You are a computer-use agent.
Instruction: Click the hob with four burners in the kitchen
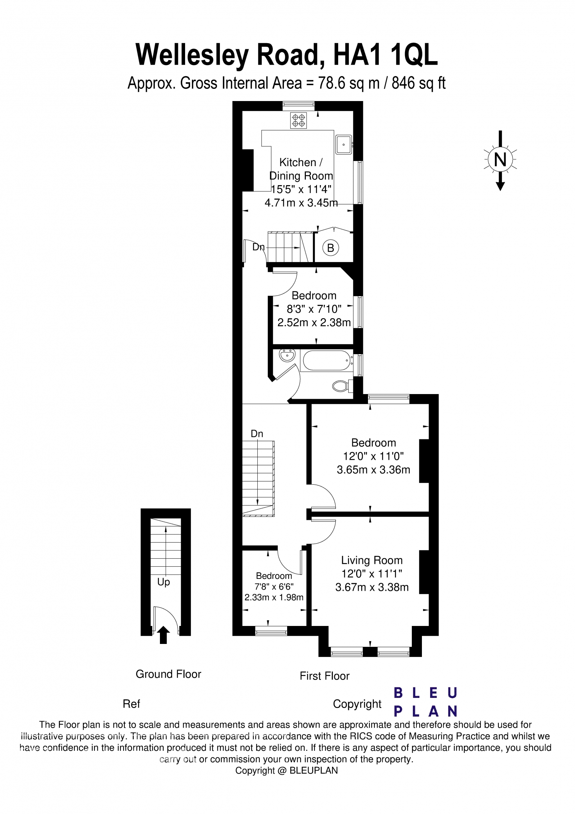pyautogui.click(x=299, y=120)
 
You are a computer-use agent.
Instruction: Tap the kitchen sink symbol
pyautogui.click(x=344, y=145)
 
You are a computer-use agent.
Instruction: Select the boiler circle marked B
pyautogui.click(x=331, y=248)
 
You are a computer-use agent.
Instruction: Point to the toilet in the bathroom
pyautogui.click(x=340, y=387)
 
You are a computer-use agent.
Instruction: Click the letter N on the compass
pyautogui.click(x=500, y=159)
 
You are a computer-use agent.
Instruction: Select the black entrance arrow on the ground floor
pyautogui.click(x=164, y=635)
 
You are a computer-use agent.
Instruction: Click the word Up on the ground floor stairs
pyautogui.click(x=164, y=582)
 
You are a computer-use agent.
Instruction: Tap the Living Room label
pyautogui.click(x=372, y=560)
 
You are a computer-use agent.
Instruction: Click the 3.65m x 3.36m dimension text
pyautogui.click(x=373, y=470)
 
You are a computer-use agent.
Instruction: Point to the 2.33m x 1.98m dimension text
pyautogui.click(x=274, y=598)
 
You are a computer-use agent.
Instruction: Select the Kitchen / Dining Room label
pyautogui.click(x=301, y=169)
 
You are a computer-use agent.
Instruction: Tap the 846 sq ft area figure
pyautogui.click(x=418, y=83)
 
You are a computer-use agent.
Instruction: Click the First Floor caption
pyautogui.click(x=325, y=676)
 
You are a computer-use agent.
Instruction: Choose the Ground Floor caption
pyautogui.click(x=168, y=674)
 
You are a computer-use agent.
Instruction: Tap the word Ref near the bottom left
pyautogui.click(x=131, y=704)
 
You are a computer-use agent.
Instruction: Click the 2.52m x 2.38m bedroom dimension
pyautogui.click(x=314, y=322)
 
